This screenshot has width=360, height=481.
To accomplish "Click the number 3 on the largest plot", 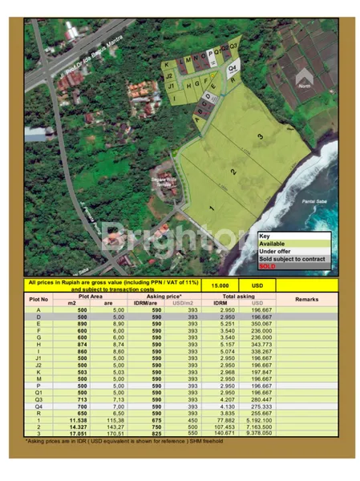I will point(261,137).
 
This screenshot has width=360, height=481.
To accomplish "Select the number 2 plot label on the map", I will point(234,172).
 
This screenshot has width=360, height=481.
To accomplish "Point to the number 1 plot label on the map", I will point(212,208).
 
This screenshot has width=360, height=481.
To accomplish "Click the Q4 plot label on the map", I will point(232,69).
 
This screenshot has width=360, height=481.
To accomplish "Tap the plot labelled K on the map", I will point(167,64).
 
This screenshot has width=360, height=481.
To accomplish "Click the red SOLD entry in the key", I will point(268,265).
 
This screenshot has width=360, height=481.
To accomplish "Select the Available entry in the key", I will point(273,244).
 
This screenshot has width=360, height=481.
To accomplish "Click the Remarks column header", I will point(307,298).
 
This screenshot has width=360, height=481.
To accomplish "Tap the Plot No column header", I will point(39,298).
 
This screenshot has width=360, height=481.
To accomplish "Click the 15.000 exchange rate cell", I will point(220,285).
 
